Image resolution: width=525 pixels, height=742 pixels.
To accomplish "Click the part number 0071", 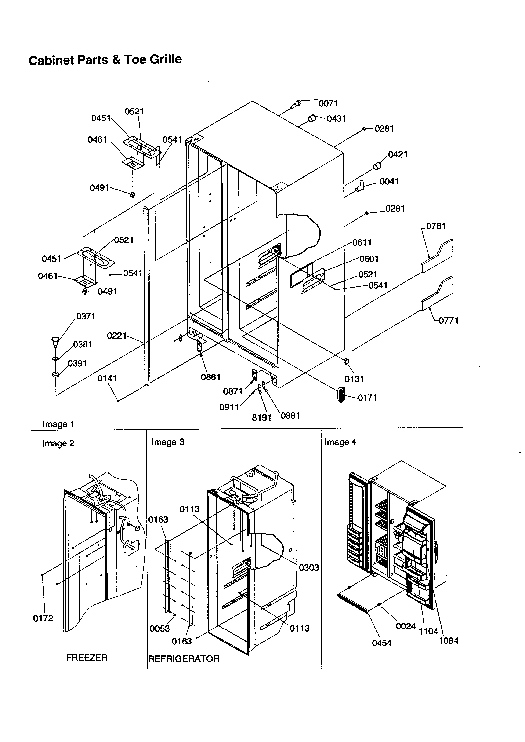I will click(328, 103).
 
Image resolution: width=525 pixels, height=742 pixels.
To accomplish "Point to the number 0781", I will click(436, 226).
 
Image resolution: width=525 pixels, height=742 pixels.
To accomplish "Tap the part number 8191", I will click(261, 418).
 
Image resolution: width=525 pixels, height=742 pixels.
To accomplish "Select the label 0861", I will click(210, 377).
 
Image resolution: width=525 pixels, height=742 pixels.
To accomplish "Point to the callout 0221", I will click(117, 336).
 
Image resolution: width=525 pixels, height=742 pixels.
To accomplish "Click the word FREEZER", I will click(87, 658).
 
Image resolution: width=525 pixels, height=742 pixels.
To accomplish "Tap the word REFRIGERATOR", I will click(184, 659).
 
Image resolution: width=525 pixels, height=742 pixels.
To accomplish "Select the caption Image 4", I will click(340, 442).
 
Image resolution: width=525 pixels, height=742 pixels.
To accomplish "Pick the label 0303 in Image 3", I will click(309, 568).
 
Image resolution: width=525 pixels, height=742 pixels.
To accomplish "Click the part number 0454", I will click(381, 643).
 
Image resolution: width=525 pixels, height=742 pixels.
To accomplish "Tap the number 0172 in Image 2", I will click(43, 618).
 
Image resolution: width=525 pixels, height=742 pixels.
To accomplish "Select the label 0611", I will click(362, 242).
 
